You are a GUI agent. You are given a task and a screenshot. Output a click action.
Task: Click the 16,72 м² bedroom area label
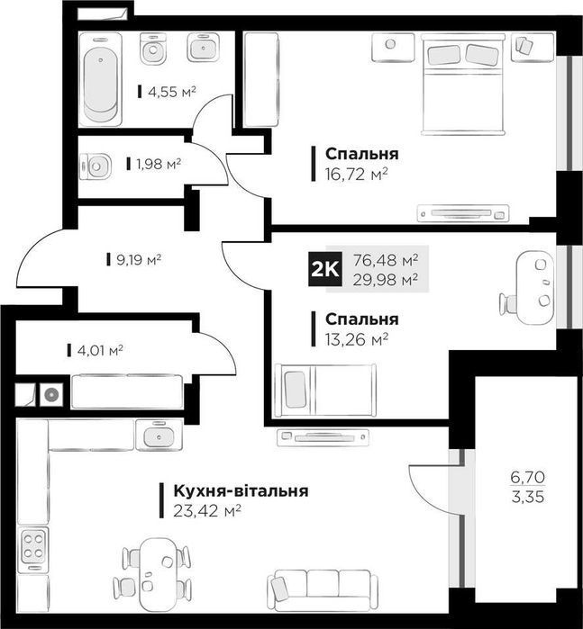355,174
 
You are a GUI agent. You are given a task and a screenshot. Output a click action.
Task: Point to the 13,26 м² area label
355,339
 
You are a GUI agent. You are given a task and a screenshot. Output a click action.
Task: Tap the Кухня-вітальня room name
234,491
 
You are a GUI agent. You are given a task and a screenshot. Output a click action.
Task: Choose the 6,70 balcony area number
529,476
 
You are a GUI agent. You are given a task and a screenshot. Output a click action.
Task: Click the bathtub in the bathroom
100,80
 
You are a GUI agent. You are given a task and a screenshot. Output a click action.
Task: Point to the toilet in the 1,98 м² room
96,165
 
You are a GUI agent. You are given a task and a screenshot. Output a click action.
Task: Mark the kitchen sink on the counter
160,437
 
